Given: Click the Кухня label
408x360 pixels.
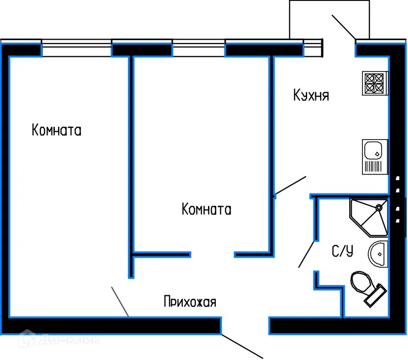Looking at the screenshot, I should pos(311,95).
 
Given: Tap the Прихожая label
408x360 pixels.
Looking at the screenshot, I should pos(190,302).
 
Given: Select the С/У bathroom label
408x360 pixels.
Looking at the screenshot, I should pos(342,252).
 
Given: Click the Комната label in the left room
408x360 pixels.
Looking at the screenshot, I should pos(56,131).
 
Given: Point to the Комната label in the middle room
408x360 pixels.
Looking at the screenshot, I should pos(206,210).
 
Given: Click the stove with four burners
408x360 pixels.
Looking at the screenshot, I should pos(375,83).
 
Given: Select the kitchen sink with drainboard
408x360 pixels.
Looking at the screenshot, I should pos(375,157).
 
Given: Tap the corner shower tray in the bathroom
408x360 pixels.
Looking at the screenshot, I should pos(368,216).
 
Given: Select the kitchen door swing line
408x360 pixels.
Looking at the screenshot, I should pos(291,187).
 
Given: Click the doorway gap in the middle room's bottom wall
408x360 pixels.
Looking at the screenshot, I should pos(212,254).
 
